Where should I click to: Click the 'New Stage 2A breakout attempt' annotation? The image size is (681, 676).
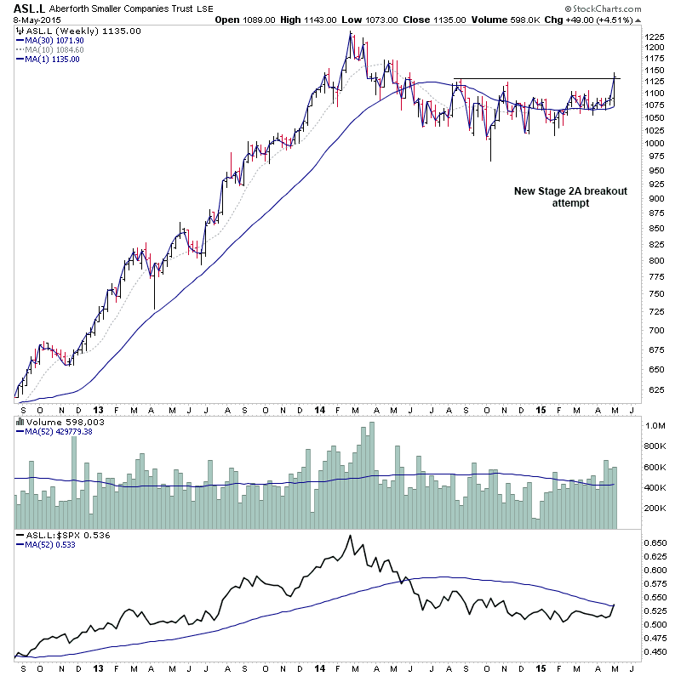570,197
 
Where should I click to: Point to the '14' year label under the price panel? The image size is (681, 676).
319,411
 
